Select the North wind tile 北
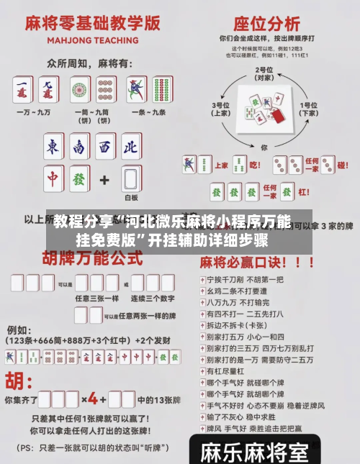pyautogui.click(x=130, y=147)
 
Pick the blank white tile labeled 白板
pyautogui.click(x=130, y=179)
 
